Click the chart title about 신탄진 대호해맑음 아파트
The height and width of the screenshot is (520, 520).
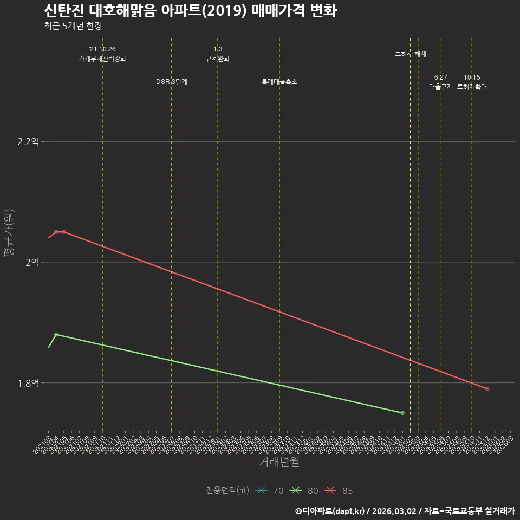pos(190,10)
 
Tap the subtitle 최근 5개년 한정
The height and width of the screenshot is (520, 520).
pos(73,26)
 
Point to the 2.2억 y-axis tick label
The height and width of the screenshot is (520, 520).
pos(28,142)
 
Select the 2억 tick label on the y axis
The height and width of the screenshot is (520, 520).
pos(32,262)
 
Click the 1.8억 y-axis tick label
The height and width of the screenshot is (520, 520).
pos(28,383)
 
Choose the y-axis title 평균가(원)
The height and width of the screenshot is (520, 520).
pos(9,233)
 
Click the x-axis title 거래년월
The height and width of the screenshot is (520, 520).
pos(279,462)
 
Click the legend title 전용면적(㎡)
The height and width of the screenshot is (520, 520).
pos(227,491)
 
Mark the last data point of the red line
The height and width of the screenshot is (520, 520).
pos(487,389)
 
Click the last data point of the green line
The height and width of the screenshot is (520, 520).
pos(402,413)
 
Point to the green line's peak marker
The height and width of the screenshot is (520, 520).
pos(56,334)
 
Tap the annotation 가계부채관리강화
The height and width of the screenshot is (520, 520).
pos(102,58)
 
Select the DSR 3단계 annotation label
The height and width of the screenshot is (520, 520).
pos(172,82)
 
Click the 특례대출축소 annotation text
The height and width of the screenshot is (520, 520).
pos(279,82)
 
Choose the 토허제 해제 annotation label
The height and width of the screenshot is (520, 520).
pos(411,54)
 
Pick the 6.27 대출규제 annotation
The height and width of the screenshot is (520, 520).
pos(441,82)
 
